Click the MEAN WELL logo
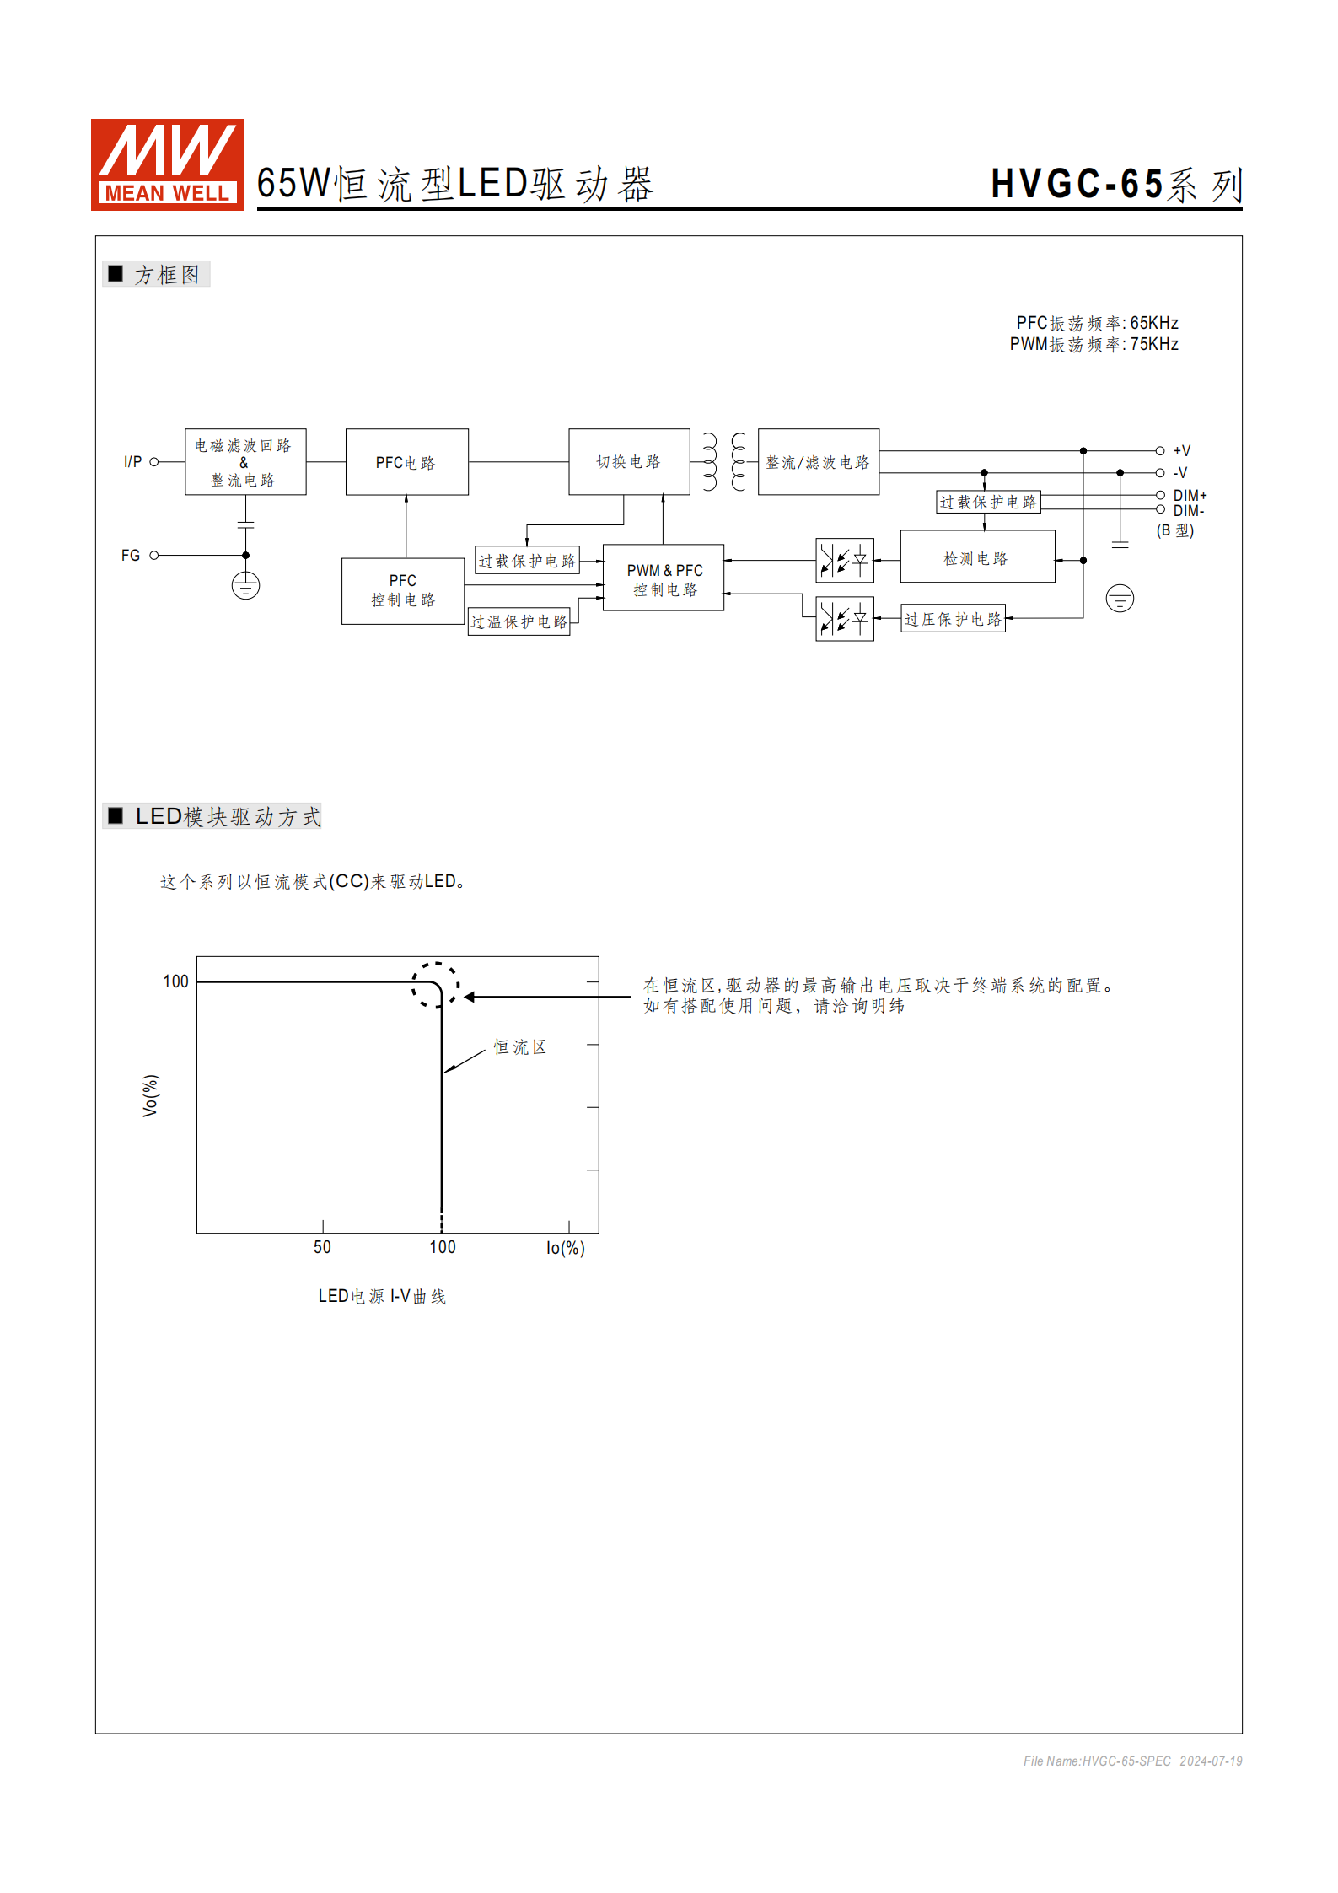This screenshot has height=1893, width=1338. tap(167, 164)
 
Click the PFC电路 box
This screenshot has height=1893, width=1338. tap(406, 462)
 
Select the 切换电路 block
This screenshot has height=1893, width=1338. tap(629, 461)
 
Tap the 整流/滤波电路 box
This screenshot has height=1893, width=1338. tap(818, 462)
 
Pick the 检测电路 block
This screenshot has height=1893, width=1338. tap(976, 557)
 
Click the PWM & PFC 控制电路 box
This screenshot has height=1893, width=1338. tap(664, 578)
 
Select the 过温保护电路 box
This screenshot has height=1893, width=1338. tap(519, 621)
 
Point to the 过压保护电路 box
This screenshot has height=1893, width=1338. tap(953, 619)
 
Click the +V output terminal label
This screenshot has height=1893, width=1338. tap(1182, 451)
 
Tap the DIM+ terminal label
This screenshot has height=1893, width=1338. tap(1190, 496)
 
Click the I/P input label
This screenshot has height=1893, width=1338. tap(132, 462)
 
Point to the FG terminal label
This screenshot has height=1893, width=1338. tap(131, 556)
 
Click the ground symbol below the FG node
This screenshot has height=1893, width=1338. tap(245, 586)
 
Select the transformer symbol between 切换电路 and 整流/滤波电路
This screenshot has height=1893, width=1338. tap(724, 462)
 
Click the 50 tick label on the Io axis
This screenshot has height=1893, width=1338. tap(322, 1247)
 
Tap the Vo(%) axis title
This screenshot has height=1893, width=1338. tap(150, 1095)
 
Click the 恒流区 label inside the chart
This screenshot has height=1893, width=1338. tap(519, 1047)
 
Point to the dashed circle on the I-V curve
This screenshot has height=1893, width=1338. tap(436, 985)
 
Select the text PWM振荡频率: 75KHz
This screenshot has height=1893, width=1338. tap(1094, 344)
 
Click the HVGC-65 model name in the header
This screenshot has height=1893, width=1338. tap(1077, 184)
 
